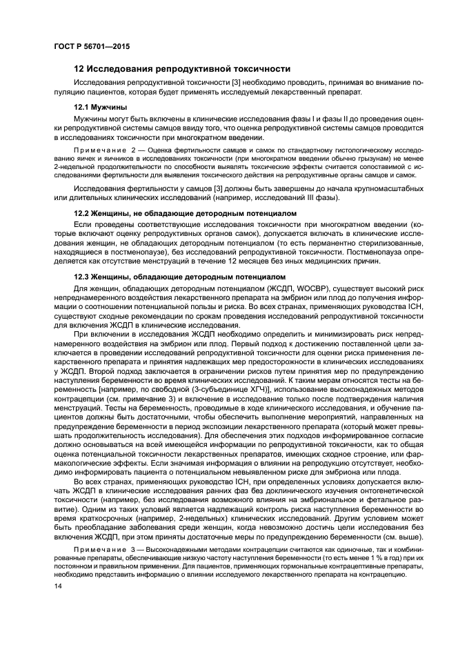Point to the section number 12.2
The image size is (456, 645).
click(83, 213)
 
